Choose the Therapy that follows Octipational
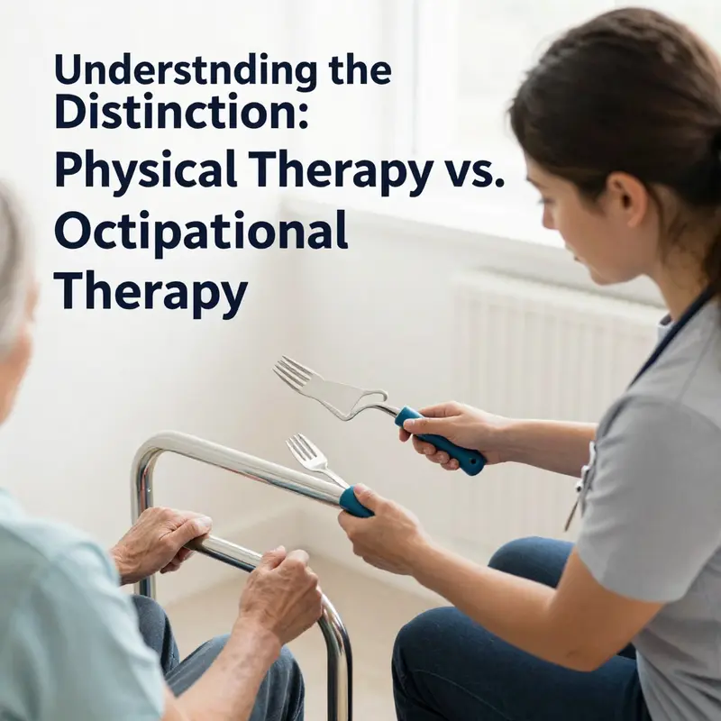(x=151, y=290)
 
